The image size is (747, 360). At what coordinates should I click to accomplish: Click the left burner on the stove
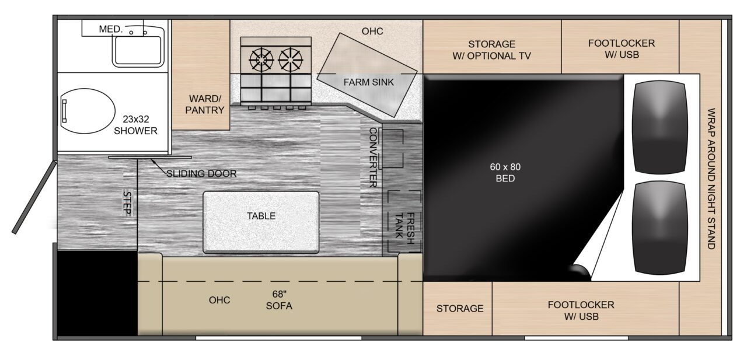[261, 60]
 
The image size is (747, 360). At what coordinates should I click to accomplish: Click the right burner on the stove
[291, 60]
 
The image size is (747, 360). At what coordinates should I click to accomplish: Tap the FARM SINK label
[368, 82]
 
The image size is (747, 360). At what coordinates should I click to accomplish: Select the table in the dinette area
[261, 222]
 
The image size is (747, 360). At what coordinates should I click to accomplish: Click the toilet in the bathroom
[88, 111]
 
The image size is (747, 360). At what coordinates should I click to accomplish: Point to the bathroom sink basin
[138, 50]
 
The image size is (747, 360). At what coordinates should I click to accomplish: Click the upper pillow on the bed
[660, 127]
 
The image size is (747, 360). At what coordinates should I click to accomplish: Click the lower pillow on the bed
[660, 228]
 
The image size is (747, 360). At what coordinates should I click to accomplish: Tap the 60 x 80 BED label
[505, 173]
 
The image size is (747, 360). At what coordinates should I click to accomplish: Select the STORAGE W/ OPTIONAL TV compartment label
[491, 50]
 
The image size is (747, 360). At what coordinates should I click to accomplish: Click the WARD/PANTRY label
[205, 104]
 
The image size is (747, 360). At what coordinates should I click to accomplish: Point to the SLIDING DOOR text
[201, 174]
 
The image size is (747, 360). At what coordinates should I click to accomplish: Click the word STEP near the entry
[127, 203]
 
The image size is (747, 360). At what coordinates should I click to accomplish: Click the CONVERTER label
[373, 158]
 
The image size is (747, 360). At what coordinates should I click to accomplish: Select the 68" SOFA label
[279, 300]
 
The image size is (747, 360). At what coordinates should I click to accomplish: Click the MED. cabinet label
[111, 29]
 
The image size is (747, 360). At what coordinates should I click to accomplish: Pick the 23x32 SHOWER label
[135, 125]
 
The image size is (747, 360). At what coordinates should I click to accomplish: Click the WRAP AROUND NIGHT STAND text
[711, 179]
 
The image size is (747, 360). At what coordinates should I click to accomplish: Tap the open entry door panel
[34, 197]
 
